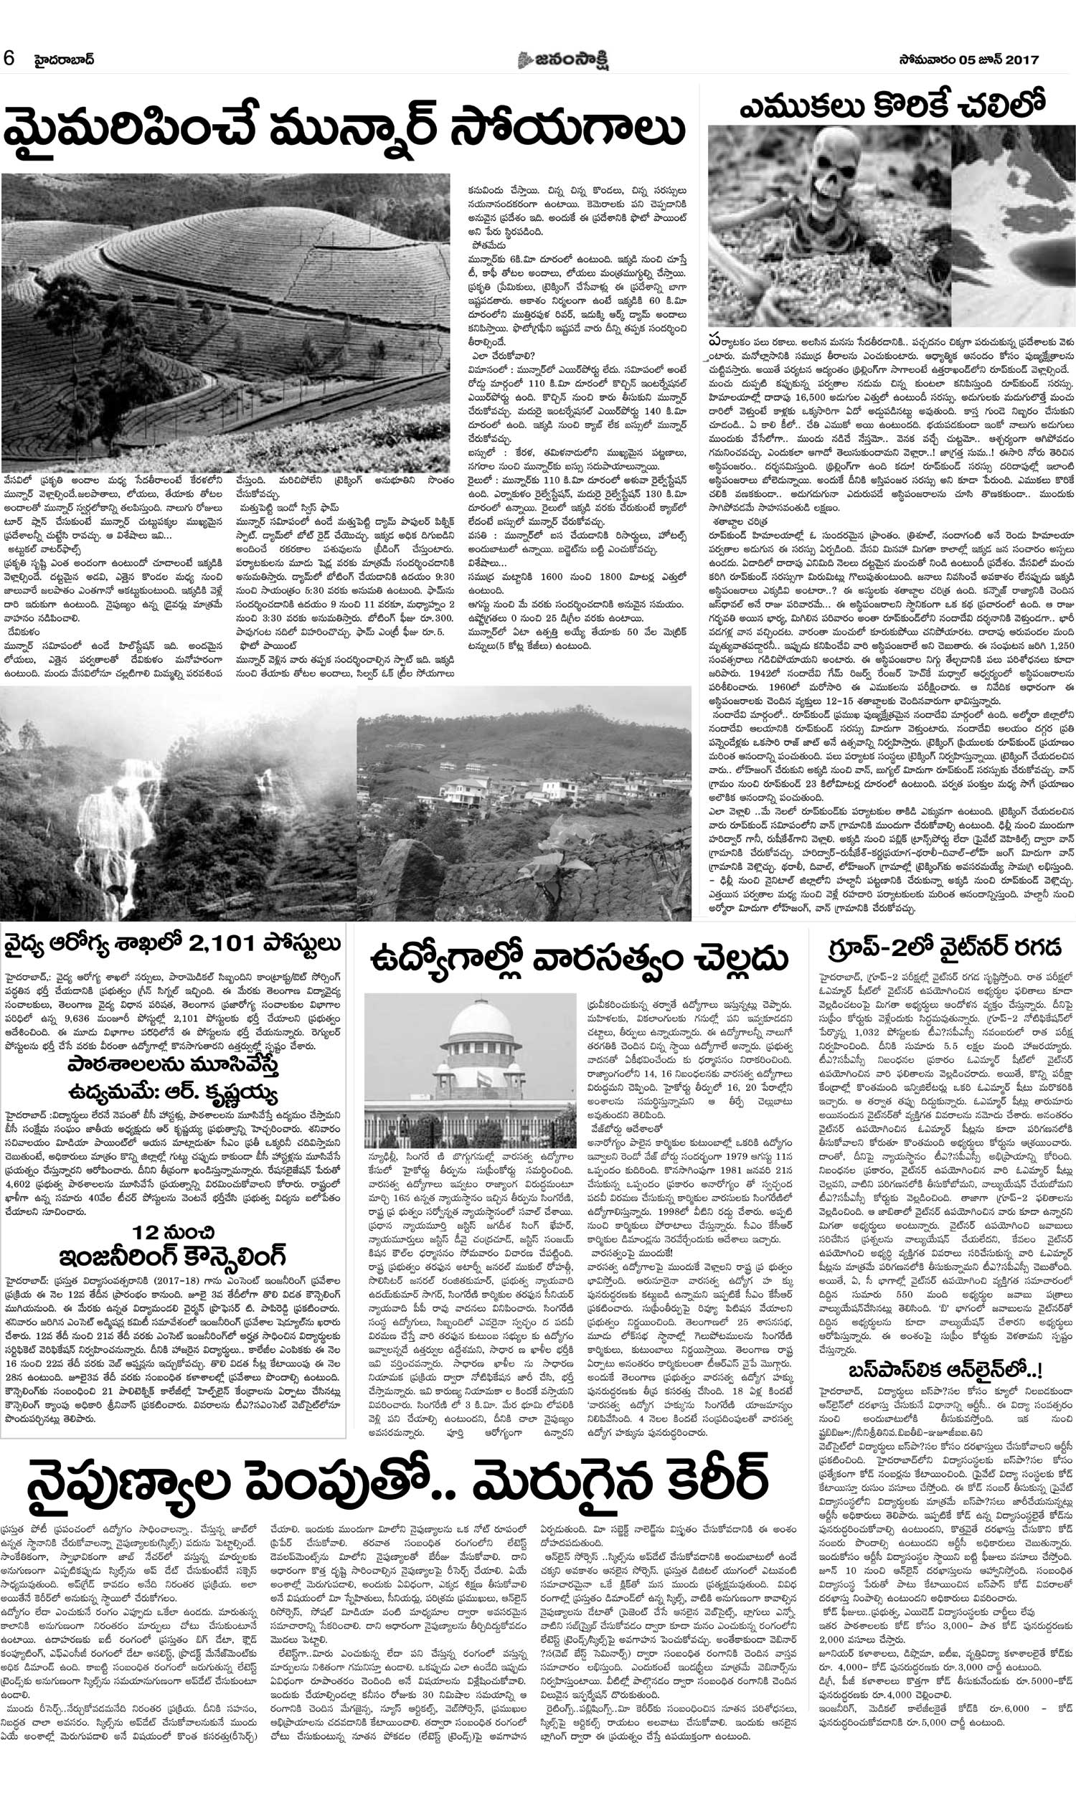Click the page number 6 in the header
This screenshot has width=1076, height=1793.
click(x=9, y=59)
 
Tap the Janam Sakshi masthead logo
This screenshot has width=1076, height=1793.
click(x=562, y=60)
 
